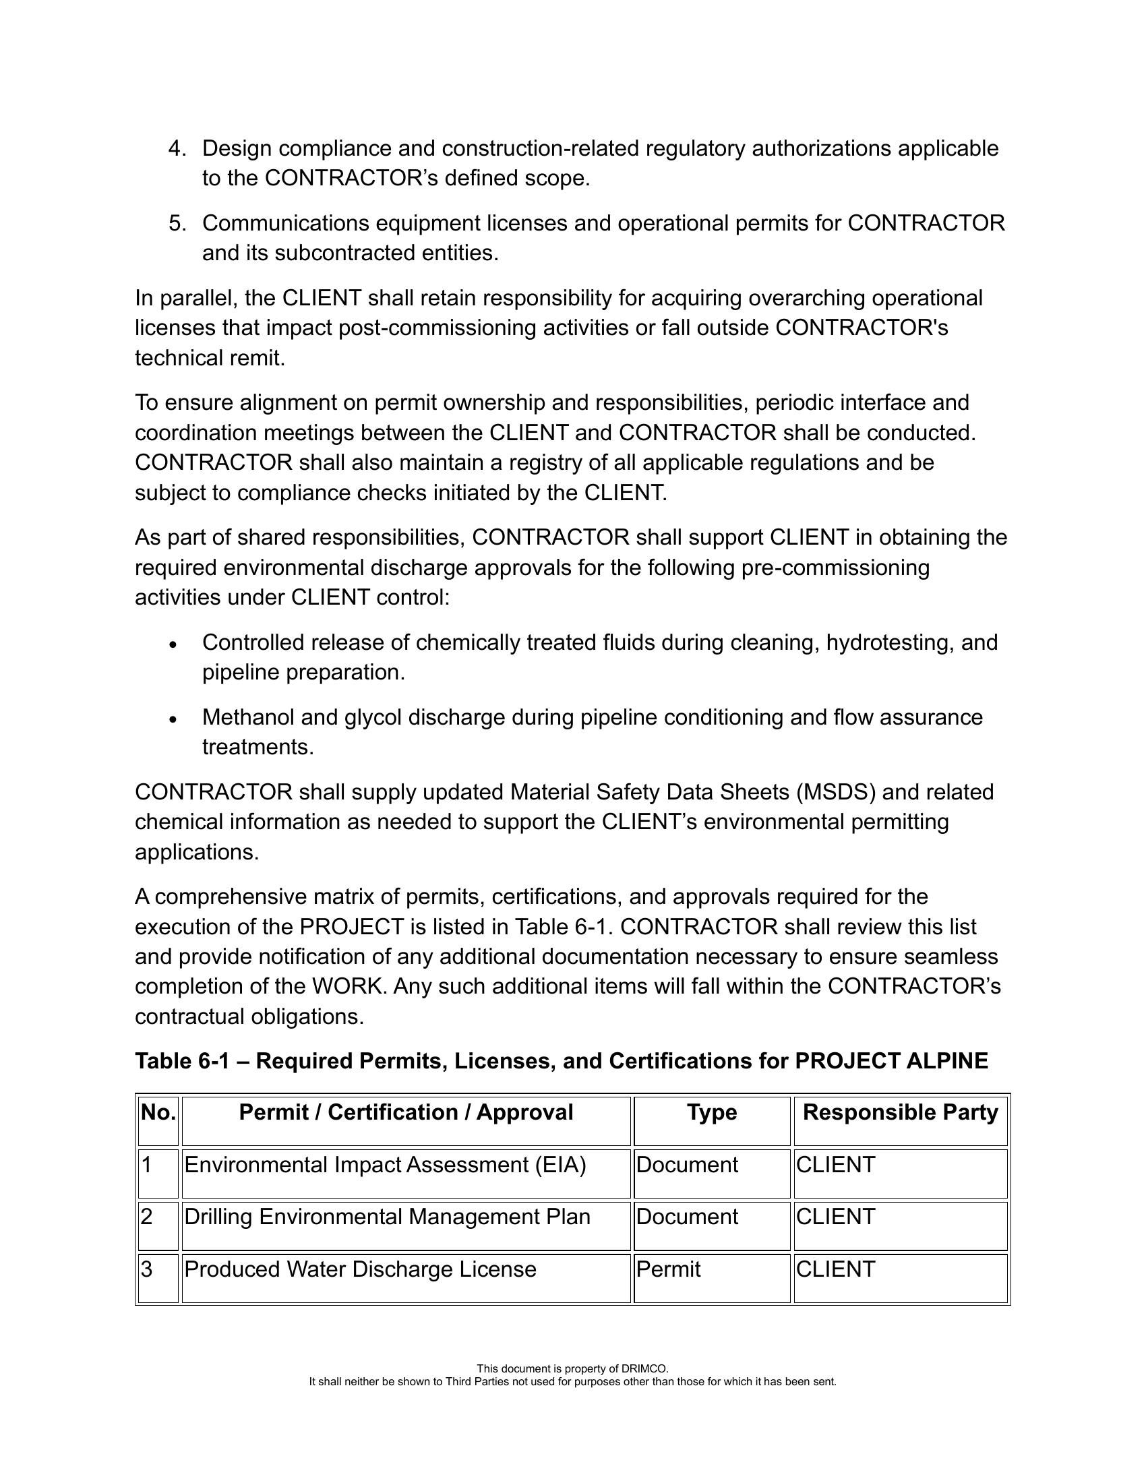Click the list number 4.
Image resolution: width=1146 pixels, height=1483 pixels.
point(177,149)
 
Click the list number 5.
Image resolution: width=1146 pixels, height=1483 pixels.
point(177,223)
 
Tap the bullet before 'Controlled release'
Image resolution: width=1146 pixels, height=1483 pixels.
point(174,644)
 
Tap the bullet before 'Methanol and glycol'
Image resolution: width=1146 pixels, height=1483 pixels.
point(174,719)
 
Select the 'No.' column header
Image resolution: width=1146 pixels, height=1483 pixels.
point(158,1113)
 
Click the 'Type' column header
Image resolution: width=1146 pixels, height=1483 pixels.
point(711,1113)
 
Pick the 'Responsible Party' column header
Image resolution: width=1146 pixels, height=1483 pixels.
point(900,1113)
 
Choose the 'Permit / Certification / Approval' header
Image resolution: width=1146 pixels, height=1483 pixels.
point(406,1113)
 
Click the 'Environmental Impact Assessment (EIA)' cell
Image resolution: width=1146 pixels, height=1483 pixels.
point(385,1166)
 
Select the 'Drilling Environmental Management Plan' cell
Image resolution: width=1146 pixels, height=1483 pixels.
point(387,1217)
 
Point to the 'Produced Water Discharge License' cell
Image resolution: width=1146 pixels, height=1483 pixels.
point(360,1270)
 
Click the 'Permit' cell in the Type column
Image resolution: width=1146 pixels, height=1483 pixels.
point(669,1270)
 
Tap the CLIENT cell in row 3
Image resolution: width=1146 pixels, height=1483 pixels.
point(836,1270)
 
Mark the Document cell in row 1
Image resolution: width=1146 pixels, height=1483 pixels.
point(687,1166)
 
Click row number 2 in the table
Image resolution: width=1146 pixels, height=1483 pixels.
point(147,1217)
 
